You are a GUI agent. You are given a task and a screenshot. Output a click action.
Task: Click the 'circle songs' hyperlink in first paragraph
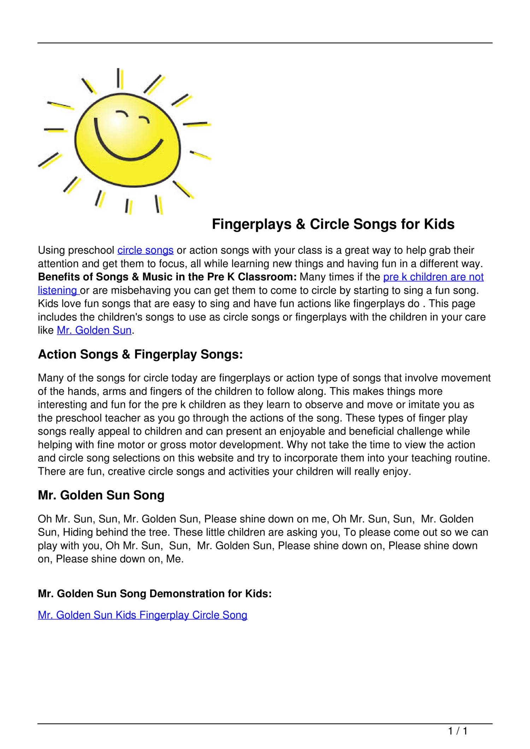tap(145, 250)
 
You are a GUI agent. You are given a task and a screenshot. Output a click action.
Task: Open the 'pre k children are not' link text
tap(433, 277)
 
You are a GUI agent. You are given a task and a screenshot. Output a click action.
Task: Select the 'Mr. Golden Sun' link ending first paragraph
tap(94, 330)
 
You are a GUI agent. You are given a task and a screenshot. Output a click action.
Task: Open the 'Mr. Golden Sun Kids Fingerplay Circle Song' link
tap(142, 615)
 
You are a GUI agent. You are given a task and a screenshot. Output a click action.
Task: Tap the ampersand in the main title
tap(300, 224)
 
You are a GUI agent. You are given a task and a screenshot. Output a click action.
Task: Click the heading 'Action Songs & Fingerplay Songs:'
tap(140, 354)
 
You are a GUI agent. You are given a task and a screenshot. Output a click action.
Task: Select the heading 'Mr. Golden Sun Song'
tap(101, 495)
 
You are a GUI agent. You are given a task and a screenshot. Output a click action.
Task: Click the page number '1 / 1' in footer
tap(458, 731)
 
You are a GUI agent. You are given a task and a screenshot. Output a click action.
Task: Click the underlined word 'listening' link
tap(57, 290)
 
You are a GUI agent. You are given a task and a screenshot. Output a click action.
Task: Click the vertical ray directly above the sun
tap(119, 78)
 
